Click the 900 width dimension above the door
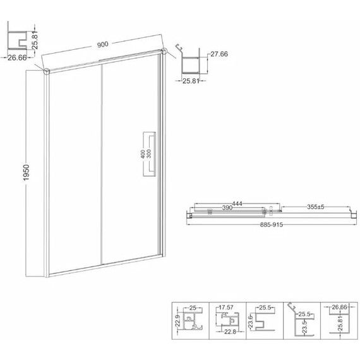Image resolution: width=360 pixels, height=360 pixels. click(x=102, y=44)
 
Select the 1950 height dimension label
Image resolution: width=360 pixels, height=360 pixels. click(x=27, y=172)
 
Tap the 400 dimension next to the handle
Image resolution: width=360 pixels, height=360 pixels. click(x=143, y=154)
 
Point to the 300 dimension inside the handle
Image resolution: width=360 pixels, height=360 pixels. click(x=149, y=153)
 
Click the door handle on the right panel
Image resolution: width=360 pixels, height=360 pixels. click(x=150, y=154)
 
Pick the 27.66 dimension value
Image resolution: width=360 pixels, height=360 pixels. click(x=219, y=54)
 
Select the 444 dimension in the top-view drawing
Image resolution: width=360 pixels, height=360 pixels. click(x=237, y=203)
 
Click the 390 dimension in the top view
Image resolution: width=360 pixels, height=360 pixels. click(x=227, y=208)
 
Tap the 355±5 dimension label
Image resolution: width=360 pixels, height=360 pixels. click(x=315, y=207)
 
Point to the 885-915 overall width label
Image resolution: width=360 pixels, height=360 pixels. click(x=272, y=225)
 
